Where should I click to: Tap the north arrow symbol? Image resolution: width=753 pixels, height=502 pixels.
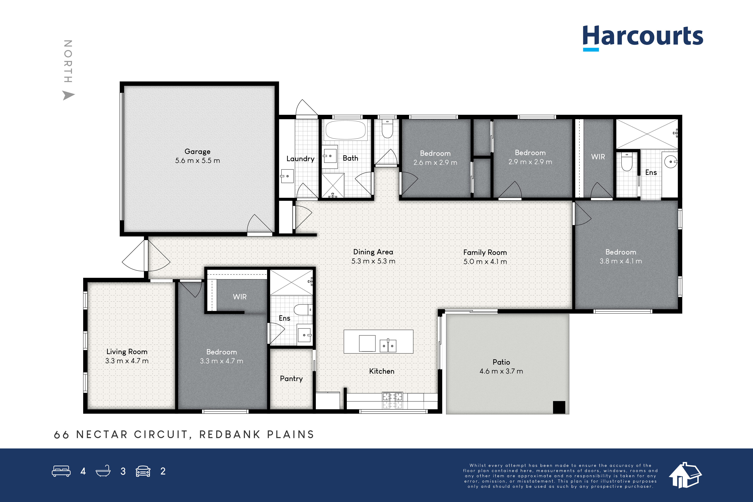click(x=68, y=95)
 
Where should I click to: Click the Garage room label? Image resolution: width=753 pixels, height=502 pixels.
click(x=197, y=151)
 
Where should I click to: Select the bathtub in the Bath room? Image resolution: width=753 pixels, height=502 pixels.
click(x=345, y=130)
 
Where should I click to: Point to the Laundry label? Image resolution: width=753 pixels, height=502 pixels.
click(x=300, y=159)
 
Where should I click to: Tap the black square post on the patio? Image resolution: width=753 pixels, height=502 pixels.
click(x=559, y=407)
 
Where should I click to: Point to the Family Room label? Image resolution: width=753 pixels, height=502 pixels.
click(x=485, y=253)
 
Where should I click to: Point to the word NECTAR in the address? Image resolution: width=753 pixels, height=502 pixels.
click(x=102, y=434)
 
